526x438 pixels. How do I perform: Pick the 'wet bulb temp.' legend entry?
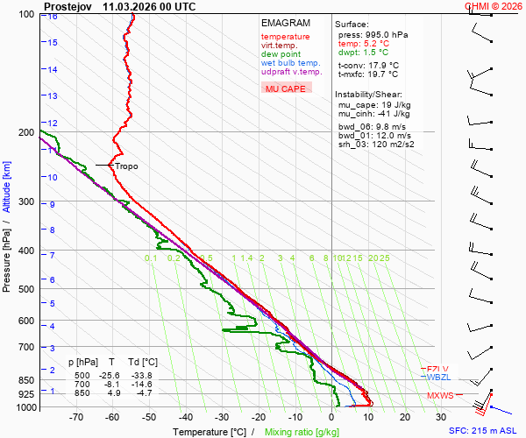tap(290, 63)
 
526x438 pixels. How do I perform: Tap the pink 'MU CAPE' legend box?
tap(285, 88)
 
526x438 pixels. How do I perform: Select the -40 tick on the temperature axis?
tap(185, 418)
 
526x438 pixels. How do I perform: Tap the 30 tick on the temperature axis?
tap(441, 418)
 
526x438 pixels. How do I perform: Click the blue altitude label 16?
tap(53, 17)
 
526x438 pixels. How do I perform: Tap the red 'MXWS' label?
tap(440, 396)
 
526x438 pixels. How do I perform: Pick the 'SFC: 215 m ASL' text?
tap(484, 431)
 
